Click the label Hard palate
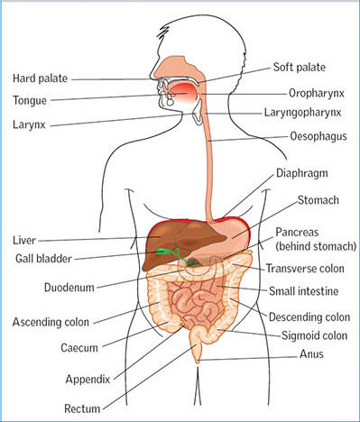[42, 79]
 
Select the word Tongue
[31, 99]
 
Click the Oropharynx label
[308, 92]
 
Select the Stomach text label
[303, 200]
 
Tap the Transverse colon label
[306, 268]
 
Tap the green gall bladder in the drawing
[162, 251]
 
